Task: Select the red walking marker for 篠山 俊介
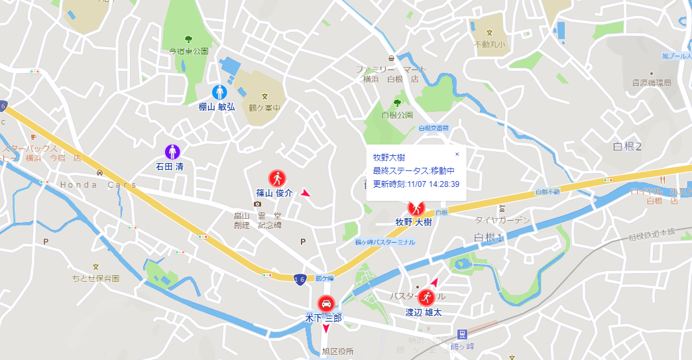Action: click(x=276, y=178)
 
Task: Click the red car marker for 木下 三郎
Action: click(x=325, y=304)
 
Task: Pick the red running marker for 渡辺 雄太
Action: click(x=427, y=298)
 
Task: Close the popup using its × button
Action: click(x=457, y=154)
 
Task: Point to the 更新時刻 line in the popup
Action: click(x=416, y=184)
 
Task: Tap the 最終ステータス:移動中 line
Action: click(x=413, y=171)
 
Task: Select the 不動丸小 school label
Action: click(x=489, y=45)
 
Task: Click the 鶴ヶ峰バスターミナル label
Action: click(x=384, y=242)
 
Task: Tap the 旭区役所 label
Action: click(x=337, y=351)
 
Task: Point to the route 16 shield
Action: click(x=300, y=278)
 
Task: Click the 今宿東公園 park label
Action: click(x=188, y=50)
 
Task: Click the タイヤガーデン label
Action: click(x=502, y=220)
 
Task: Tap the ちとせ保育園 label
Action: click(x=96, y=278)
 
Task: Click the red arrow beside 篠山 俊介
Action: click(x=305, y=193)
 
